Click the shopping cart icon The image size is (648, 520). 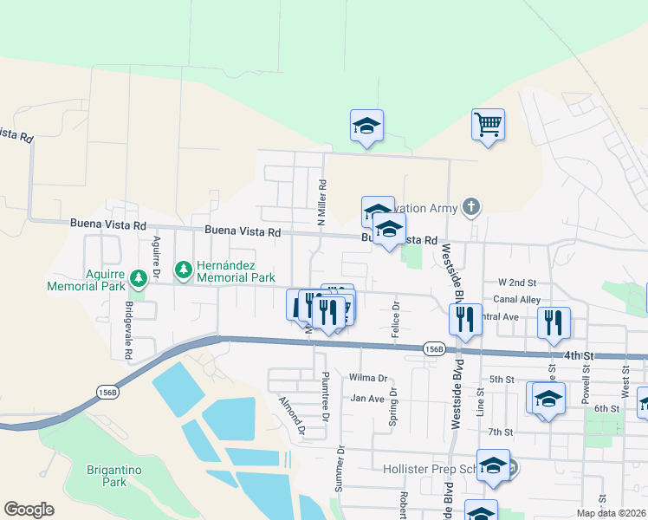488,125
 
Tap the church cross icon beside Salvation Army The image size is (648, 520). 470,206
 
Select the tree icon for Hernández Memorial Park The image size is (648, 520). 183,271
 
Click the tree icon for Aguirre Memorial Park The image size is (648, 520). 139,278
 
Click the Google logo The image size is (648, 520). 29,510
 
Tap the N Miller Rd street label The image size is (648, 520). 321,203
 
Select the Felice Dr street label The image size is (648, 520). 396,319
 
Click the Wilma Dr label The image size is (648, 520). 367,379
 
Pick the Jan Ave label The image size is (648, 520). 367,399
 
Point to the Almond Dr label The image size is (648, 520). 292,414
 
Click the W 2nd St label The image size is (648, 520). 518,283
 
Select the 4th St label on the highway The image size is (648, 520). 579,355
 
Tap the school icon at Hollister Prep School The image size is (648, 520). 494,466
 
